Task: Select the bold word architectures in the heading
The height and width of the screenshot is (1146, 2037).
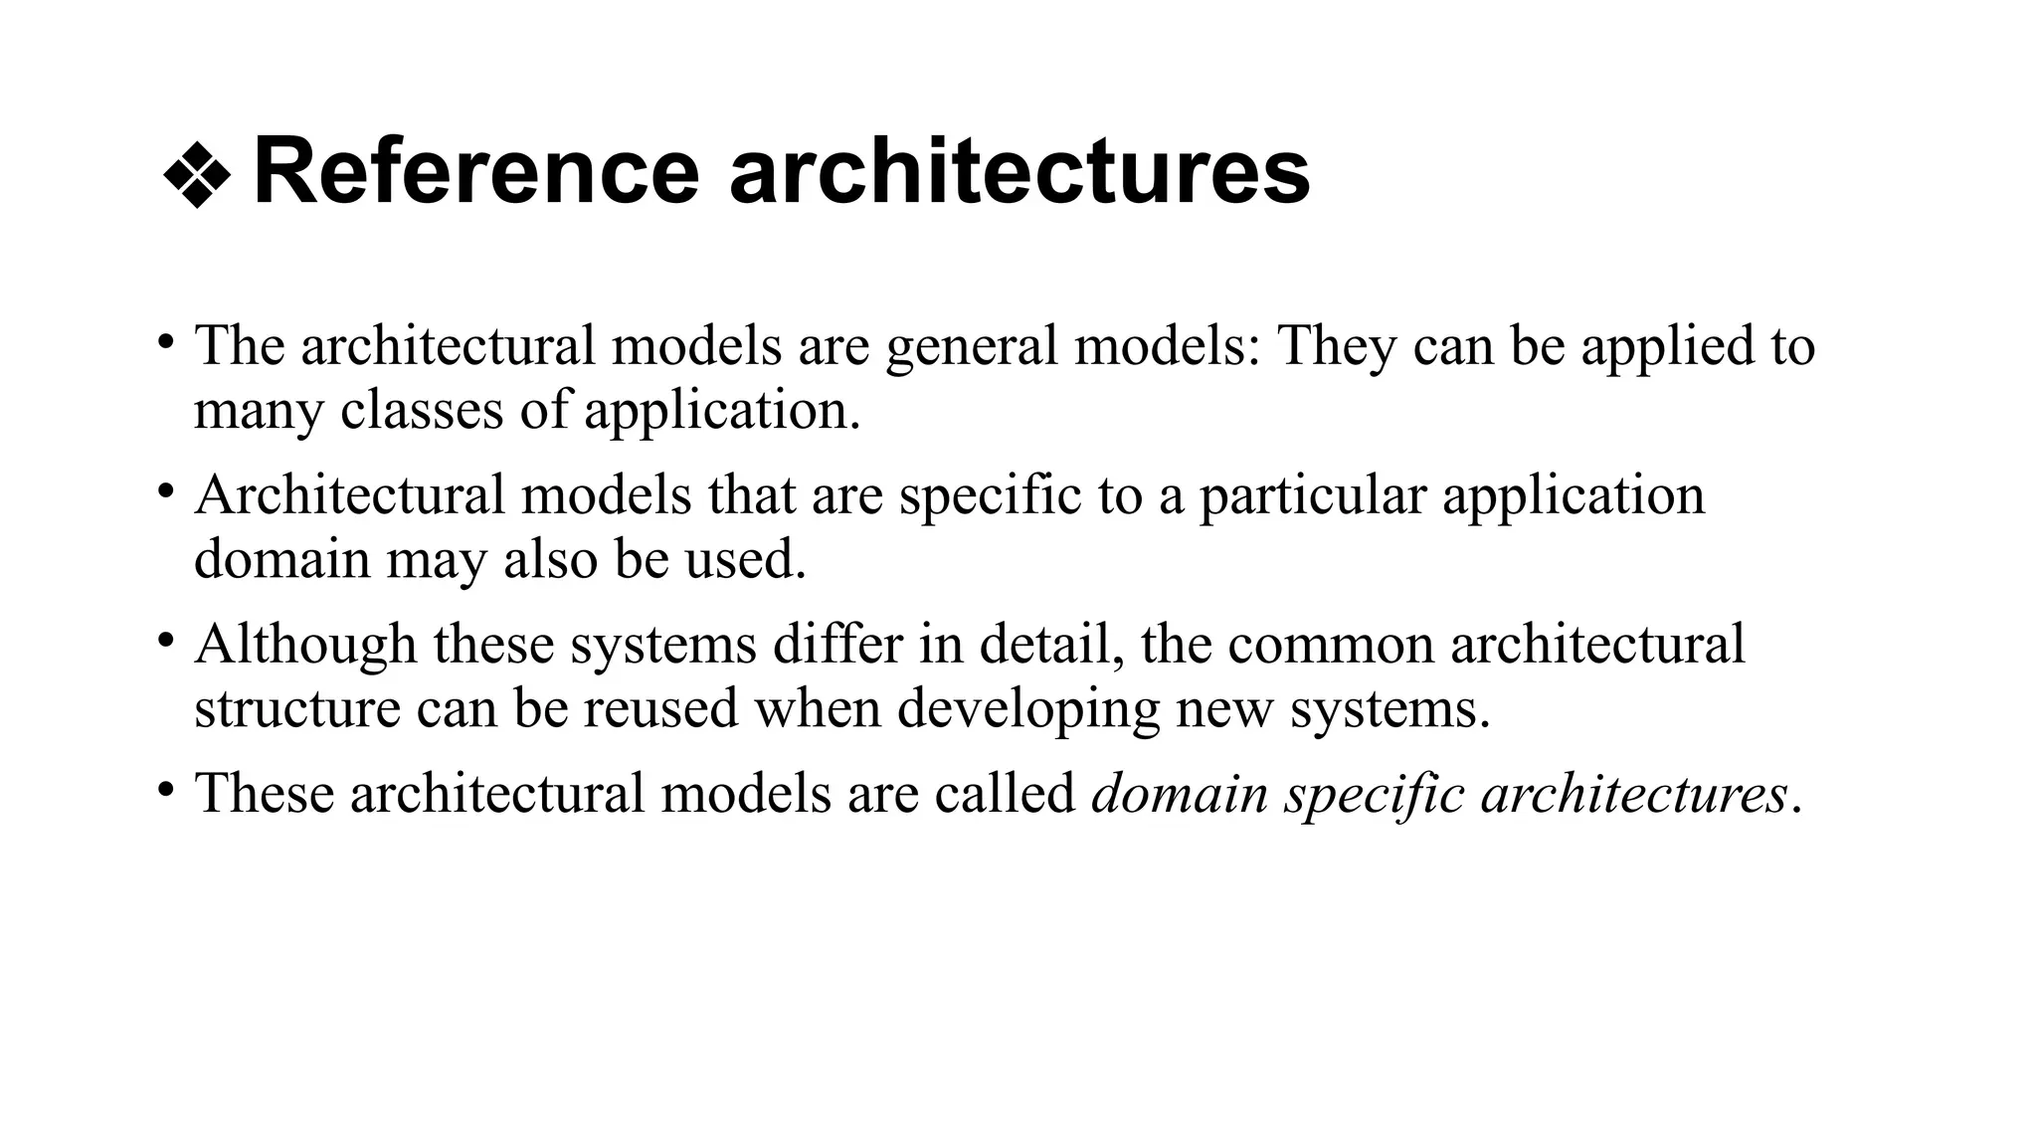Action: pos(1019,172)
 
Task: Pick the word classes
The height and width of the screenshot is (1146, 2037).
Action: pos(422,410)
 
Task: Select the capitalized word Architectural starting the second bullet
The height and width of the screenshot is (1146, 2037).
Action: pos(350,494)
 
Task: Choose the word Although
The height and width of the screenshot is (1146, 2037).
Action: pos(305,645)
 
